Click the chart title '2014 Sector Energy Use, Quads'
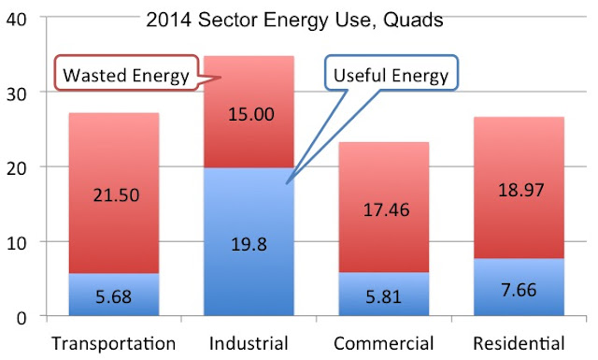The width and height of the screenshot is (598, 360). (x=294, y=20)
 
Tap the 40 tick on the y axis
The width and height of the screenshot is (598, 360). (x=17, y=19)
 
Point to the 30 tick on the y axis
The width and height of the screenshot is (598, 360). (x=17, y=94)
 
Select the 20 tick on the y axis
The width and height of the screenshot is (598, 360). (x=17, y=168)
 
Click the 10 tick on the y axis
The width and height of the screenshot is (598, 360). (x=17, y=243)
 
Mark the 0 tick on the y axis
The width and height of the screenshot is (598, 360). (x=21, y=318)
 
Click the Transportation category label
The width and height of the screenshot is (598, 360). (x=114, y=343)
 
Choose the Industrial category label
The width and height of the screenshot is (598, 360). (x=249, y=343)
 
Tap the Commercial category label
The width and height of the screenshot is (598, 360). (x=384, y=343)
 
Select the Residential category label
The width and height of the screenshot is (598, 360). (x=519, y=343)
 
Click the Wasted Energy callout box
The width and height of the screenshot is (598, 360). (x=127, y=73)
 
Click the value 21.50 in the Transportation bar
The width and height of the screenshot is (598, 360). (x=116, y=195)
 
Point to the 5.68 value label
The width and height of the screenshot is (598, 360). (x=113, y=296)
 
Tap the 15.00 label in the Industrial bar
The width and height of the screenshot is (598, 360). (x=251, y=114)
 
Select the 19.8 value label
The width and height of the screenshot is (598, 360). (x=249, y=244)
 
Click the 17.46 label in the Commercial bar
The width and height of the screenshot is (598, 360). (x=386, y=210)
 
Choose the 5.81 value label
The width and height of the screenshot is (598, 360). (x=383, y=296)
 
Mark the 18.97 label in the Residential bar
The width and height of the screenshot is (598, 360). (x=521, y=190)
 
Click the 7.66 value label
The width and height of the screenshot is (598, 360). (x=519, y=290)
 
